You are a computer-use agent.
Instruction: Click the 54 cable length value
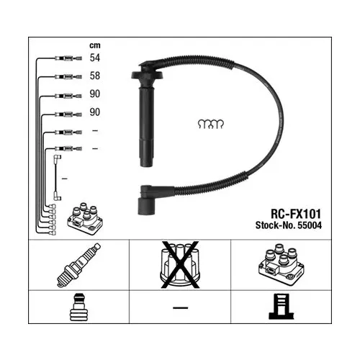(x=94, y=58)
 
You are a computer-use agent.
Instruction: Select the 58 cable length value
(x=94, y=76)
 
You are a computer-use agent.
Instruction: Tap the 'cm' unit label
(x=95, y=45)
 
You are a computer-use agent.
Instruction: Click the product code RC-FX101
(x=296, y=214)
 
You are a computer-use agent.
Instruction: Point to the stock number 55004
(x=310, y=225)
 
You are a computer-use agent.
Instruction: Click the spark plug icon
(x=78, y=265)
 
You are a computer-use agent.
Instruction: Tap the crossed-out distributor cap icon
(x=180, y=264)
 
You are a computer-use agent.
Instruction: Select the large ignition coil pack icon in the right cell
(x=282, y=264)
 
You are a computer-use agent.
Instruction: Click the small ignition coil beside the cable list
(x=85, y=219)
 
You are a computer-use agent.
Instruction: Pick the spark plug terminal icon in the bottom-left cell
(x=78, y=307)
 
